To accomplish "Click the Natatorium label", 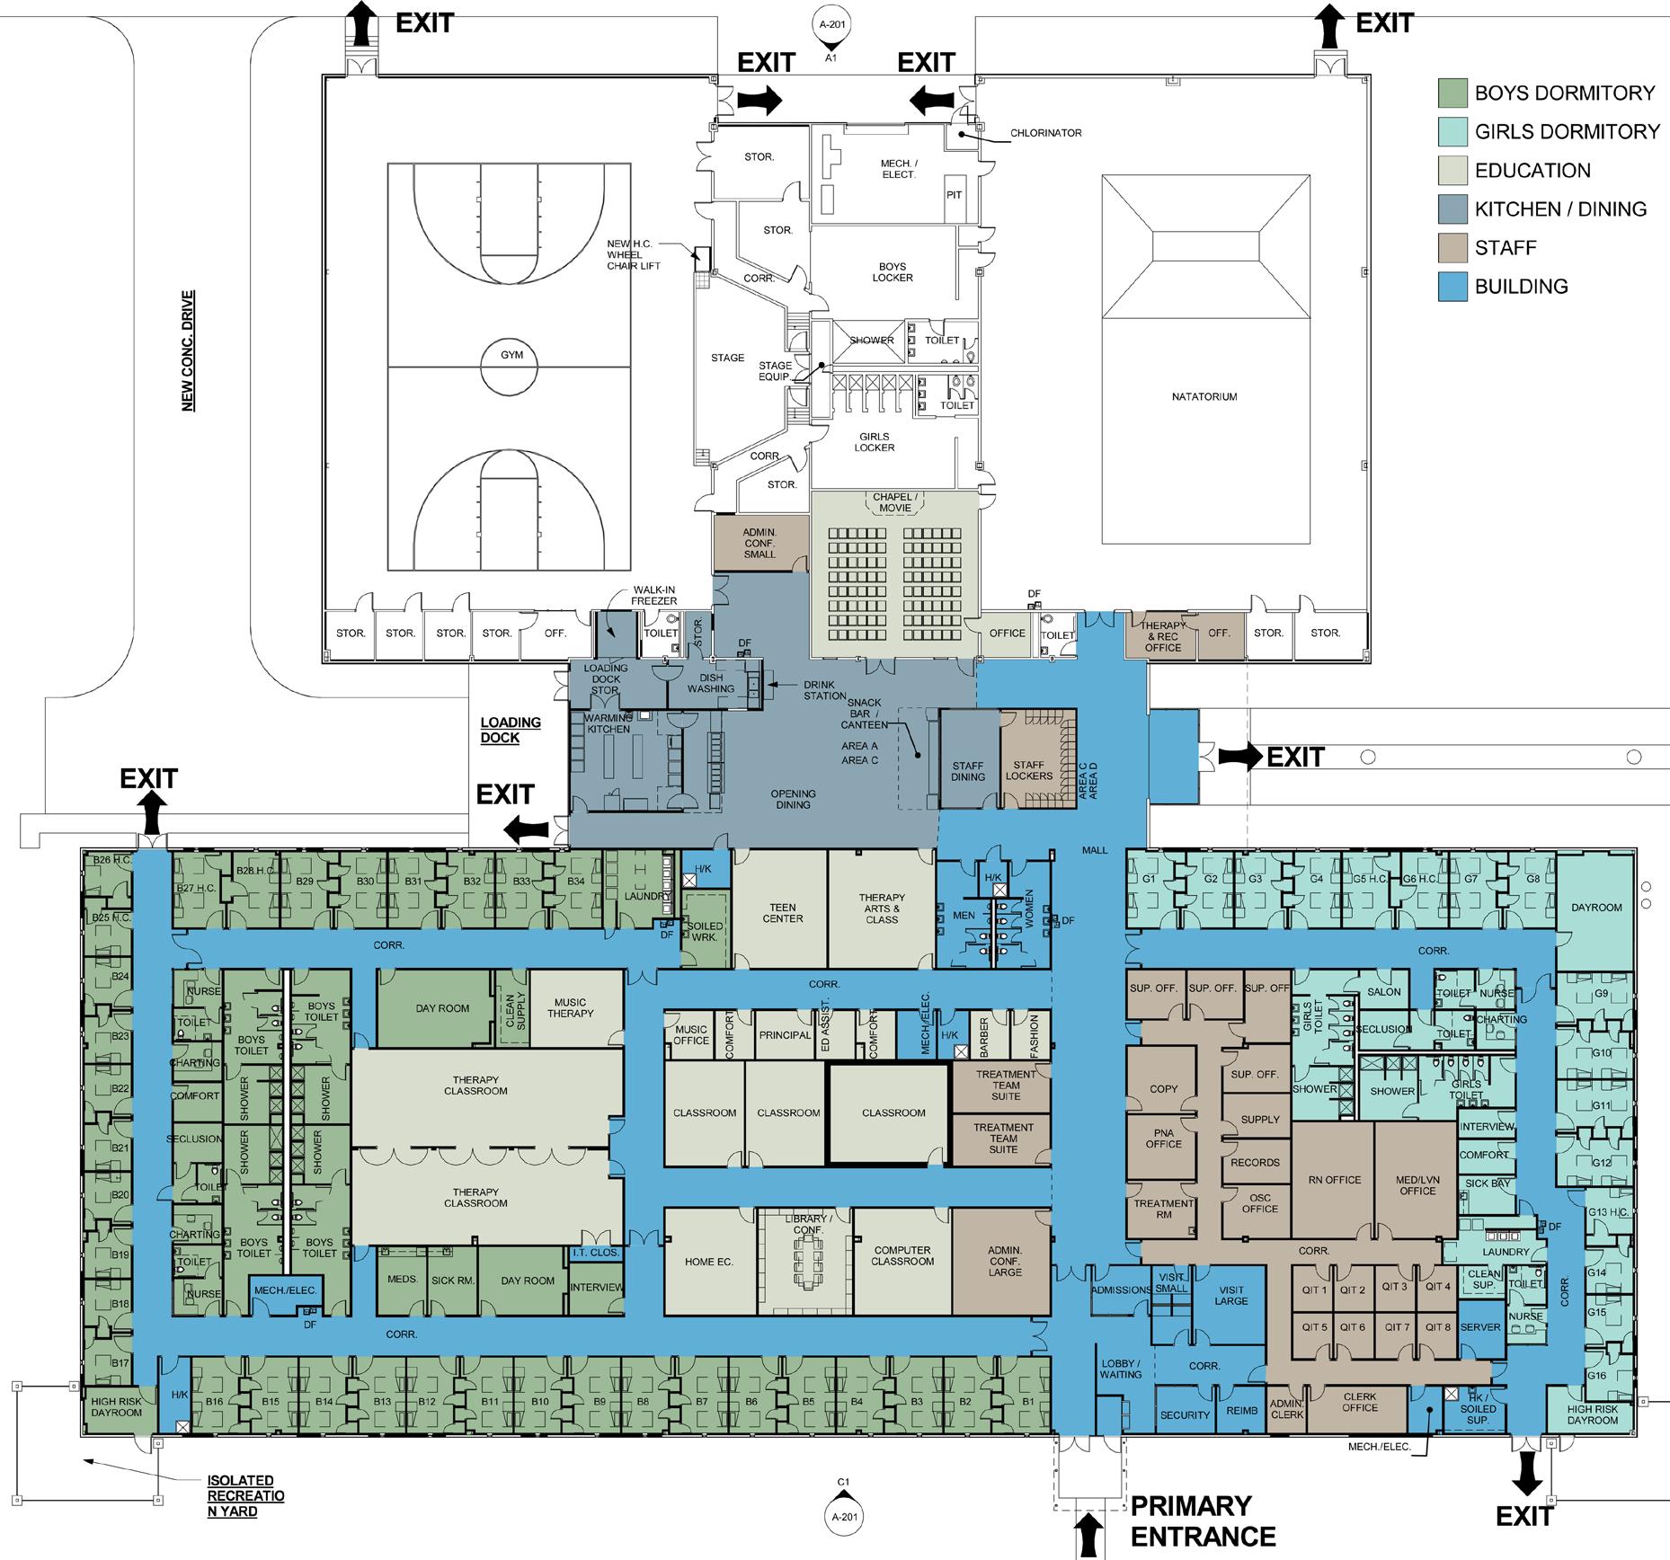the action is coord(1204,396).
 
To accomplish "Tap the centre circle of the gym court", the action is coord(511,366).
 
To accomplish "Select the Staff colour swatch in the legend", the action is coord(1452,248).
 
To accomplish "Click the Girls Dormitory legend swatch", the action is coord(1452,132).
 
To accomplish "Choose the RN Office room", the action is coord(1335,1180).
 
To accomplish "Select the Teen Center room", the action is coord(782,912).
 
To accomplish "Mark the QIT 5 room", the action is coord(1314,1327).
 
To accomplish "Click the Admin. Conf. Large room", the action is coord(1004,1262).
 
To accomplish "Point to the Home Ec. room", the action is coord(709,1262).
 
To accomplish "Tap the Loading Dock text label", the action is coord(511,730).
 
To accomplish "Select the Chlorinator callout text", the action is coord(1045,133).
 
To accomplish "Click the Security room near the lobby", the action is coord(1185,1414).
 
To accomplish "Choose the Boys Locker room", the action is coord(893,272).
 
